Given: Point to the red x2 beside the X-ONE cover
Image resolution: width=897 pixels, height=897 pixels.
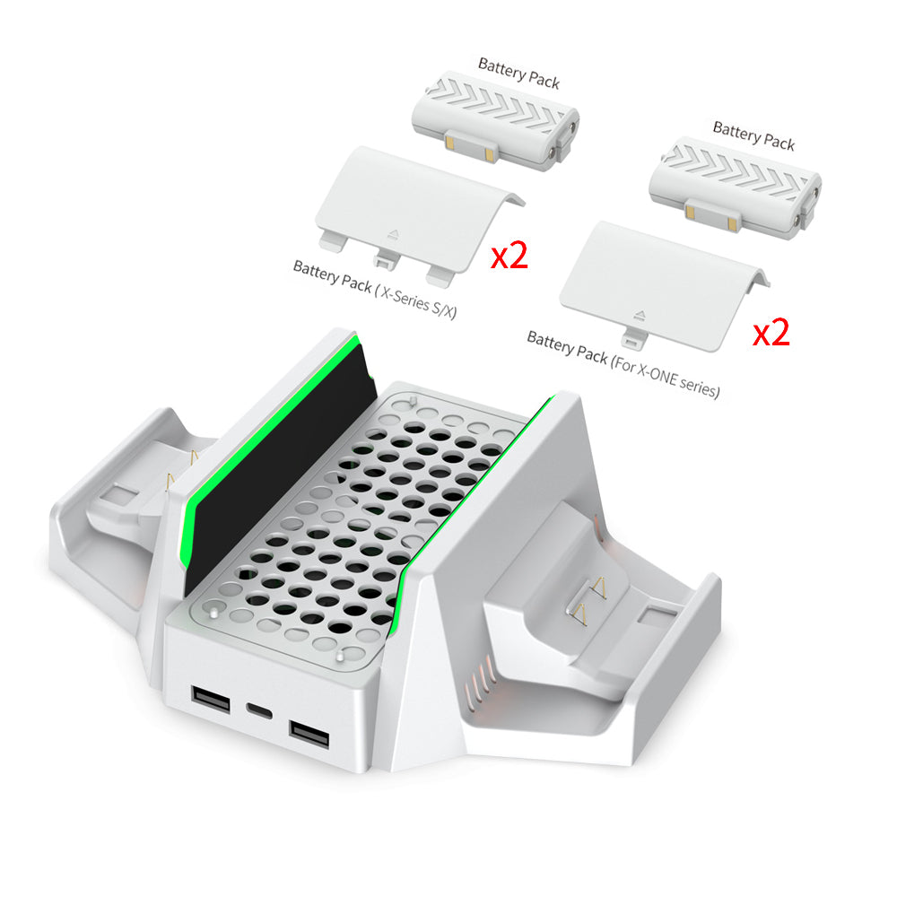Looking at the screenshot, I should point(771,333).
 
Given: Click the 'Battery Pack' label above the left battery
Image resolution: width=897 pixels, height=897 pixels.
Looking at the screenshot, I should point(518,73).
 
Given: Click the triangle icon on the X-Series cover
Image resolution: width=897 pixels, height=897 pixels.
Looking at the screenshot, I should point(396,231).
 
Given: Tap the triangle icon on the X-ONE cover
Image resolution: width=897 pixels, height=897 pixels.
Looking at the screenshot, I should point(638,313).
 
